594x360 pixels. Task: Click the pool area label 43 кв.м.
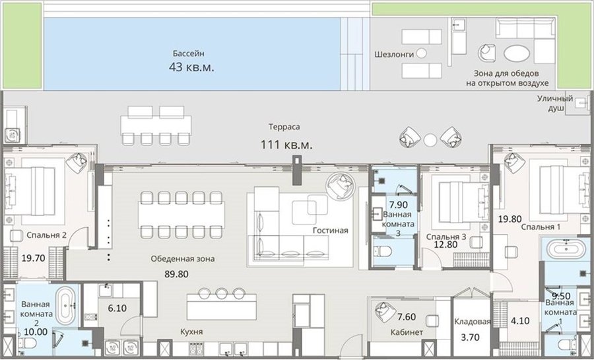(191, 67)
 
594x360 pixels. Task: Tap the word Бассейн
(189, 54)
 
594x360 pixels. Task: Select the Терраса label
(284, 127)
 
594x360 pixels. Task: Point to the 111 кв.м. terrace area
(286, 145)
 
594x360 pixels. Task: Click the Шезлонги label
(394, 54)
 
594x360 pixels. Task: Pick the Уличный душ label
(555, 104)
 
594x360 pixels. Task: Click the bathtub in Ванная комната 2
(66, 305)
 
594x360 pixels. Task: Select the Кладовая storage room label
(473, 322)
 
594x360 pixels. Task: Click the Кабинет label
(407, 332)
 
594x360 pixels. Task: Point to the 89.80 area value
(176, 274)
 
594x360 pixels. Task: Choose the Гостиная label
(331, 231)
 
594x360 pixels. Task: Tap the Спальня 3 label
(446, 237)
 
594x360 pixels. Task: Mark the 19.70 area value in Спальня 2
(34, 258)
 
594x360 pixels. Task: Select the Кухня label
(191, 332)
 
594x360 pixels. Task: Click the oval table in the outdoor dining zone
(517, 54)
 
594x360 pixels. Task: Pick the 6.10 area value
(117, 308)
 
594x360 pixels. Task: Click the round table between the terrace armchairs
(430, 140)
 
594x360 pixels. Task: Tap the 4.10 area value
(520, 321)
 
